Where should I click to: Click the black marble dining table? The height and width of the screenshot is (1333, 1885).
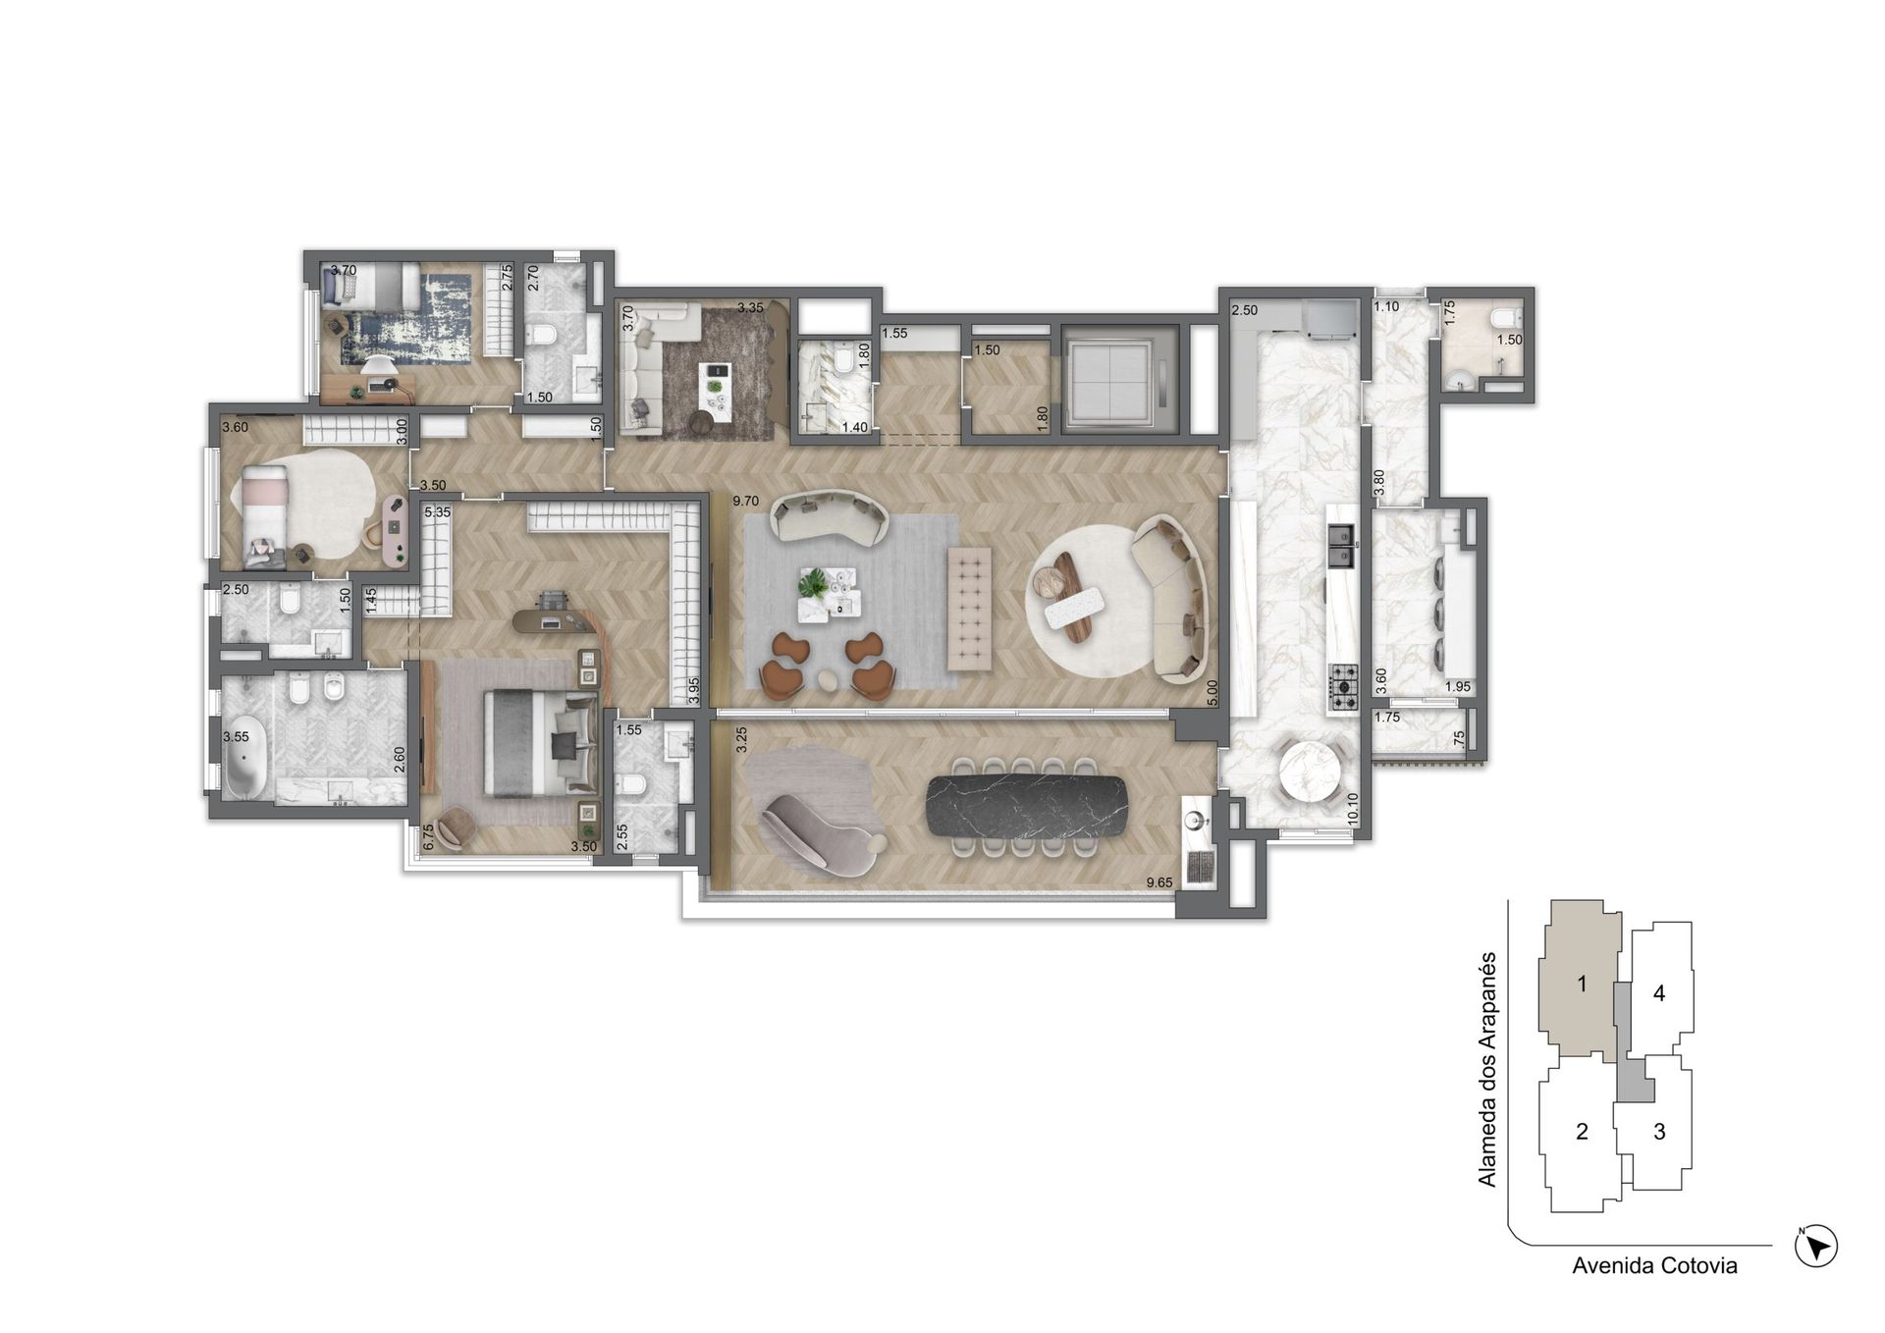1027,806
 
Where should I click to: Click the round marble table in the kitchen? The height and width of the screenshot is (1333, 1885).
1310,771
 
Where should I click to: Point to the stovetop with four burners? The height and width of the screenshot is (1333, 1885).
1342,687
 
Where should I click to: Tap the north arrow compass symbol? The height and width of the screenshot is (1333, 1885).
1815,1247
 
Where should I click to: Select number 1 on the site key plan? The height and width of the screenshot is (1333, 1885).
1582,983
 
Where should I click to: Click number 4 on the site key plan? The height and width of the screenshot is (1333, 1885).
1659,993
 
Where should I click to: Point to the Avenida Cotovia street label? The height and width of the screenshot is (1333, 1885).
1654,1266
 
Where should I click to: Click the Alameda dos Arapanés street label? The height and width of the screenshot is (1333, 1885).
1487,1068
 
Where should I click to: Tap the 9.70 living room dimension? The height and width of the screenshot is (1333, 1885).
746,502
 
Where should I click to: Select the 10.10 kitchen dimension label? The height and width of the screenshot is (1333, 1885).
1353,808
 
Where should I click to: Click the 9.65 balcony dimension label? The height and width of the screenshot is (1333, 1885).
1159,882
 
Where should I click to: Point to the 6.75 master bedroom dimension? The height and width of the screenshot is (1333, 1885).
428,836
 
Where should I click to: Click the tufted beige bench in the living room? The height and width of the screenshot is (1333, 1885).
969,609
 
